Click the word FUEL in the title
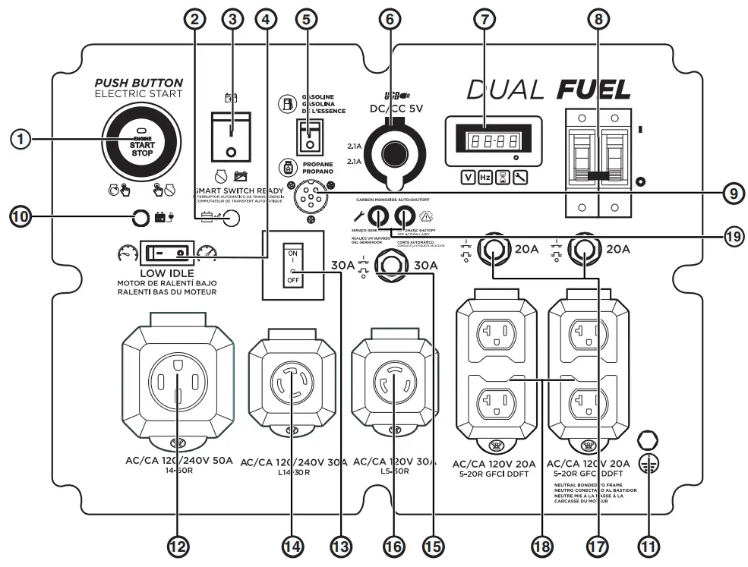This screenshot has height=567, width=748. tap(594, 90)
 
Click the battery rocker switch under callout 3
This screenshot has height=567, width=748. tap(231, 135)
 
